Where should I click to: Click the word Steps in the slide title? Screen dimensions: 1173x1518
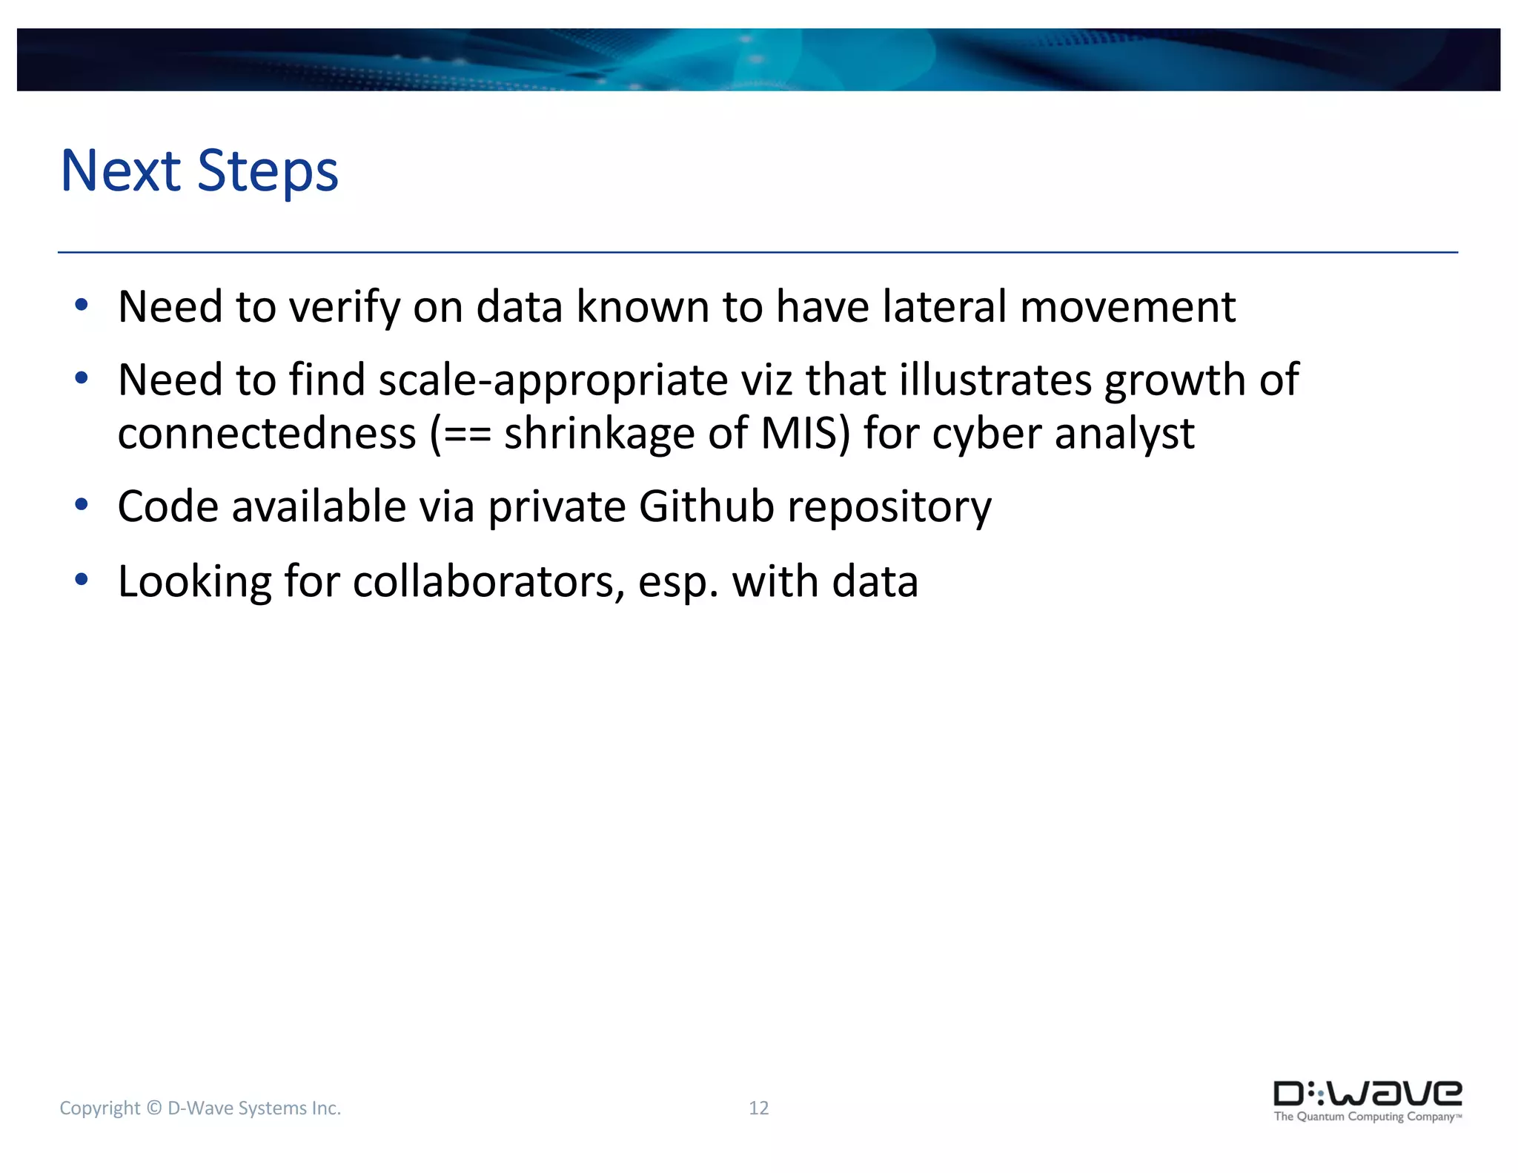click(268, 172)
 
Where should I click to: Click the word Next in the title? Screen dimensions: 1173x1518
click(121, 171)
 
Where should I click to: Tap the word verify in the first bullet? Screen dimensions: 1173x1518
click(344, 307)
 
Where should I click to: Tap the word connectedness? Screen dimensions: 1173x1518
click(267, 433)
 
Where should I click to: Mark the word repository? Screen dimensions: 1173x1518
click(889, 508)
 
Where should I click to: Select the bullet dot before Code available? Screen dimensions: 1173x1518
click(82, 505)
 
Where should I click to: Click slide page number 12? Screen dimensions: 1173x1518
click(758, 1108)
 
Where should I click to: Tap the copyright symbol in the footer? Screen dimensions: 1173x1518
click(154, 1108)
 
